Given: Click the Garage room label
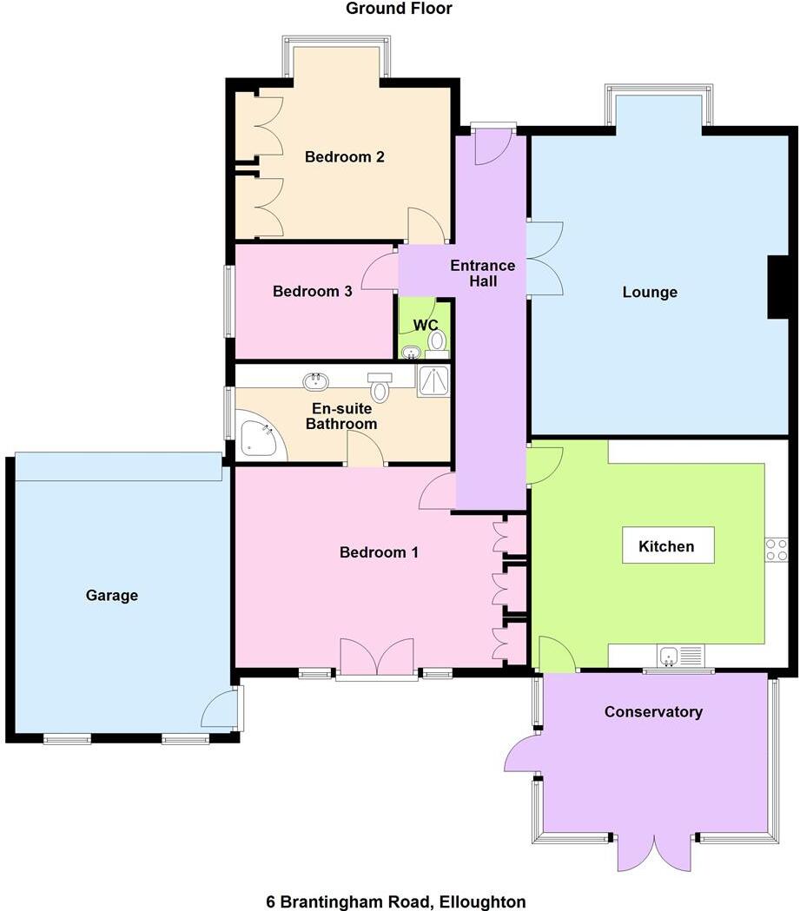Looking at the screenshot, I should tap(111, 596).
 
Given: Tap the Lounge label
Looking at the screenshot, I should tap(650, 293).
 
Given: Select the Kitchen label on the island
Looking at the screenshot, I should tap(666, 546).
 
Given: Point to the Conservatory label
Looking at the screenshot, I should tap(653, 712).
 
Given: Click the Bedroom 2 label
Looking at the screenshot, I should tap(344, 157).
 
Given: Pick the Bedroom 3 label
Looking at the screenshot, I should tap(312, 292).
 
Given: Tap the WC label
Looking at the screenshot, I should tap(425, 325).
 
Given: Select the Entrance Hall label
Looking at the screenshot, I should tap(482, 274).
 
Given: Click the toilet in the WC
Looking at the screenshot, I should tap(437, 340).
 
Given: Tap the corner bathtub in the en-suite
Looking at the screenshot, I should tap(259, 439).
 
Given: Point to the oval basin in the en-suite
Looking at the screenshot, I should tap(316, 380).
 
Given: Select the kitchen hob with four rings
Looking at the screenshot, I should tap(776, 550).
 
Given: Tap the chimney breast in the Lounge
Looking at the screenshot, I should tap(781, 287).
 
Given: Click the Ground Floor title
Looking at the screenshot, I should tap(399, 9).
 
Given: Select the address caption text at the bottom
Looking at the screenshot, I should tap(395, 902).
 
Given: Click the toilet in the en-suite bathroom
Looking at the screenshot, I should tap(380, 387).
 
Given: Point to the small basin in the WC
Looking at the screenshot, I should tap(412, 352).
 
